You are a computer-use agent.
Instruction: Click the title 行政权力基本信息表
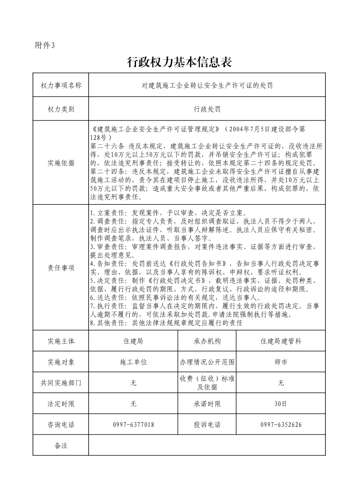tap(180, 62)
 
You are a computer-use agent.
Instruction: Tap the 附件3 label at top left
tap(44, 45)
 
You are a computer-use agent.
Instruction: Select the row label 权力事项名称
tap(61, 85)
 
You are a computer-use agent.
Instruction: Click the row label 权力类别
tap(61, 109)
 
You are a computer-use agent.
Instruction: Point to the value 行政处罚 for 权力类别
tap(207, 109)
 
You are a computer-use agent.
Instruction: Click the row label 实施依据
tap(61, 163)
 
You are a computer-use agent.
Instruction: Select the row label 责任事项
tap(61, 267)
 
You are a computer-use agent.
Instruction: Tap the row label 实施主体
tap(61, 341)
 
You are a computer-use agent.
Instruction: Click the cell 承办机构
tap(207, 341)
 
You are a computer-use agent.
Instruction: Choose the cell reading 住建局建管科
tap(281, 341)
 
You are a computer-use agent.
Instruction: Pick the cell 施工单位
tap(133, 362)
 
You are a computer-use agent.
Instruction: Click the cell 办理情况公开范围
tap(207, 362)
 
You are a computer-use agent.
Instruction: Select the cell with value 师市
tap(281, 362)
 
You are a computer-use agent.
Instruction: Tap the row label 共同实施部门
tap(61, 383)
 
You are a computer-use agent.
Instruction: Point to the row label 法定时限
tap(61, 404)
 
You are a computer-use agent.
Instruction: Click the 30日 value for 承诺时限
tap(281, 404)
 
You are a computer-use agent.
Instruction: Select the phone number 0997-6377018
tap(133, 425)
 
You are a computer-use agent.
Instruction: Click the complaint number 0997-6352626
tap(281, 425)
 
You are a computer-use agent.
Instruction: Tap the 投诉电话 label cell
tap(207, 425)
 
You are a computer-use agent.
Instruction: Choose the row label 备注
tap(61, 445)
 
